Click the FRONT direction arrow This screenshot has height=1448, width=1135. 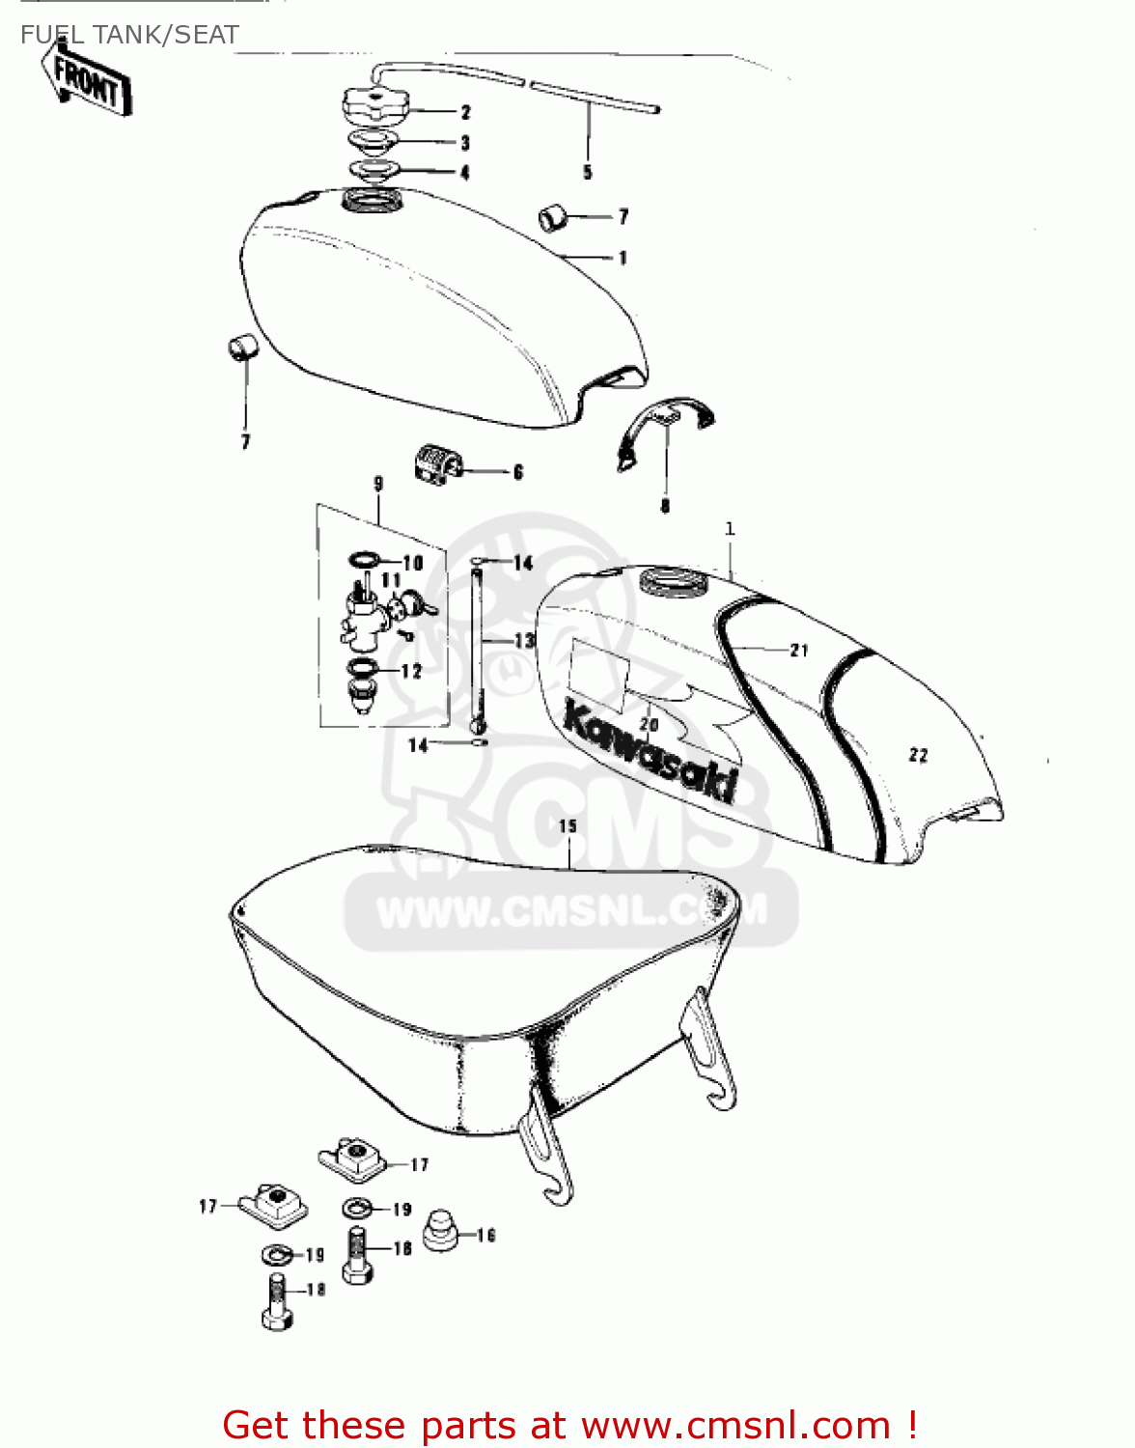coord(87,82)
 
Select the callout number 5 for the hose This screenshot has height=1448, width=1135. coord(587,173)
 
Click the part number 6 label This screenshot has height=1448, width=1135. coord(518,472)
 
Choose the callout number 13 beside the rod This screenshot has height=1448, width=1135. coord(524,640)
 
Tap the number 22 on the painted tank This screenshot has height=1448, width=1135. coord(918,755)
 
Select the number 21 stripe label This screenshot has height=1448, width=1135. coord(799,651)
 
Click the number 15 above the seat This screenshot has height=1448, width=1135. coord(567,826)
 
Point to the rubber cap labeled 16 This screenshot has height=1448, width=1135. coord(440,1226)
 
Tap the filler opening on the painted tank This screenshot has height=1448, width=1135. coord(673,581)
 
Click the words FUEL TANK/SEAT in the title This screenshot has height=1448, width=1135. coord(129,35)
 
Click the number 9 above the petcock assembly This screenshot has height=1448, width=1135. coord(377,484)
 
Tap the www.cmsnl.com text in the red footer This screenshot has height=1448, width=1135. coord(736,1425)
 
